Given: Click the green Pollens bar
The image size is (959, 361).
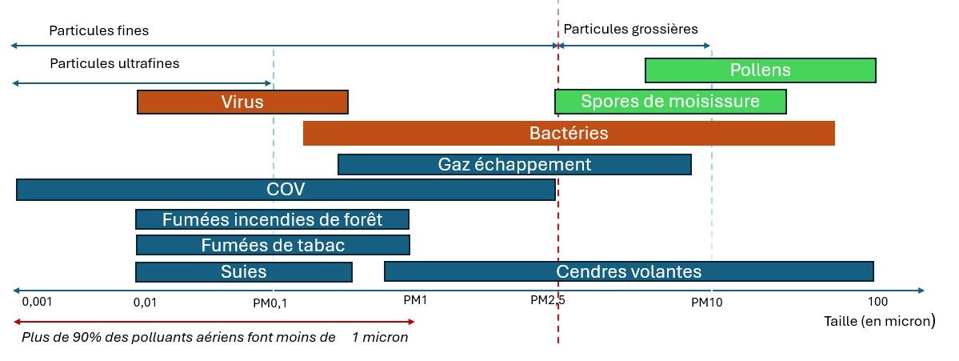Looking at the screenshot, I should pyautogui.click(x=760, y=70).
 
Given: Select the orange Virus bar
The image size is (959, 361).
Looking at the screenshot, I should pyautogui.click(x=242, y=102).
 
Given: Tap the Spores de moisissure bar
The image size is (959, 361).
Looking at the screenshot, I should pyautogui.click(x=670, y=102).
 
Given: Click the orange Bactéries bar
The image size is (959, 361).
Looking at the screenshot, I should pyautogui.click(x=569, y=134).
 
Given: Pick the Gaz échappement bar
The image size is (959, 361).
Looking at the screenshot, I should pyautogui.click(x=514, y=165).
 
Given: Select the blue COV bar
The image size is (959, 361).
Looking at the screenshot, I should pyautogui.click(x=286, y=190).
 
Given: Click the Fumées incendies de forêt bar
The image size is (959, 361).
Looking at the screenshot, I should pyautogui.click(x=272, y=219).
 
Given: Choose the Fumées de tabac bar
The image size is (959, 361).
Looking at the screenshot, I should pyautogui.click(x=273, y=246).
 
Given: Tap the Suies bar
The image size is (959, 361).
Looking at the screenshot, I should pyautogui.click(x=243, y=272).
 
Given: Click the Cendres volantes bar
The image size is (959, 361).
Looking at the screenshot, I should pyautogui.click(x=629, y=272).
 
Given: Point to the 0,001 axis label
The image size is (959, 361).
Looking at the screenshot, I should pyautogui.click(x=36, y=302).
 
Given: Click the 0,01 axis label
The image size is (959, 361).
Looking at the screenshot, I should pyautogui.click(x=144, y=302).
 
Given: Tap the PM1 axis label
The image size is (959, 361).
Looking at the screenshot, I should pyautogui.click(x=415, y=300).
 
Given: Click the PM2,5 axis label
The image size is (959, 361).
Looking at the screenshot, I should pyautogui.click(x=548, y=300).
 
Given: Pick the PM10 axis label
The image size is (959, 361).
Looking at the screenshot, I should pyautogui.click(x=707, y=302).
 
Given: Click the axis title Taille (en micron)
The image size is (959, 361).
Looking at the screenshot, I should pyautogui.click(x=879, y=321).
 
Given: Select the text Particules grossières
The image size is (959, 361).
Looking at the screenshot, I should pyautogui.click(x=631, y=29).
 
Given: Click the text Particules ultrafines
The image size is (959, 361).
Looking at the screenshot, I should pyautogui.click(x=114, y=63).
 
